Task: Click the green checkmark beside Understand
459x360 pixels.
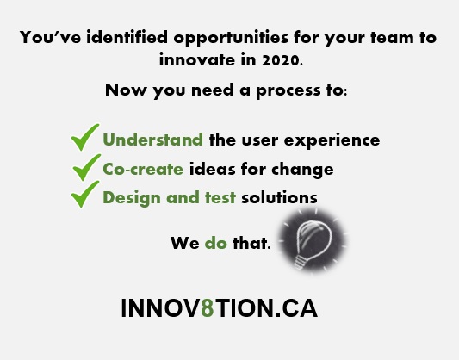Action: (x=85, y=138)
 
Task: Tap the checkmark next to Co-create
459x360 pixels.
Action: (x=85, y=167)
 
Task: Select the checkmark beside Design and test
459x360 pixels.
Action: (x=85, y=196)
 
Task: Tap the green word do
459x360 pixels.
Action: (x=216, y=243)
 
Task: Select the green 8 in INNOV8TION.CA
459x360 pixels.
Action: (x=207, y=309)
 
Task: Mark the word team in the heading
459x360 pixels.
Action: (x=389, y=38)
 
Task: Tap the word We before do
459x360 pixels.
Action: (x=184, y=243)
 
